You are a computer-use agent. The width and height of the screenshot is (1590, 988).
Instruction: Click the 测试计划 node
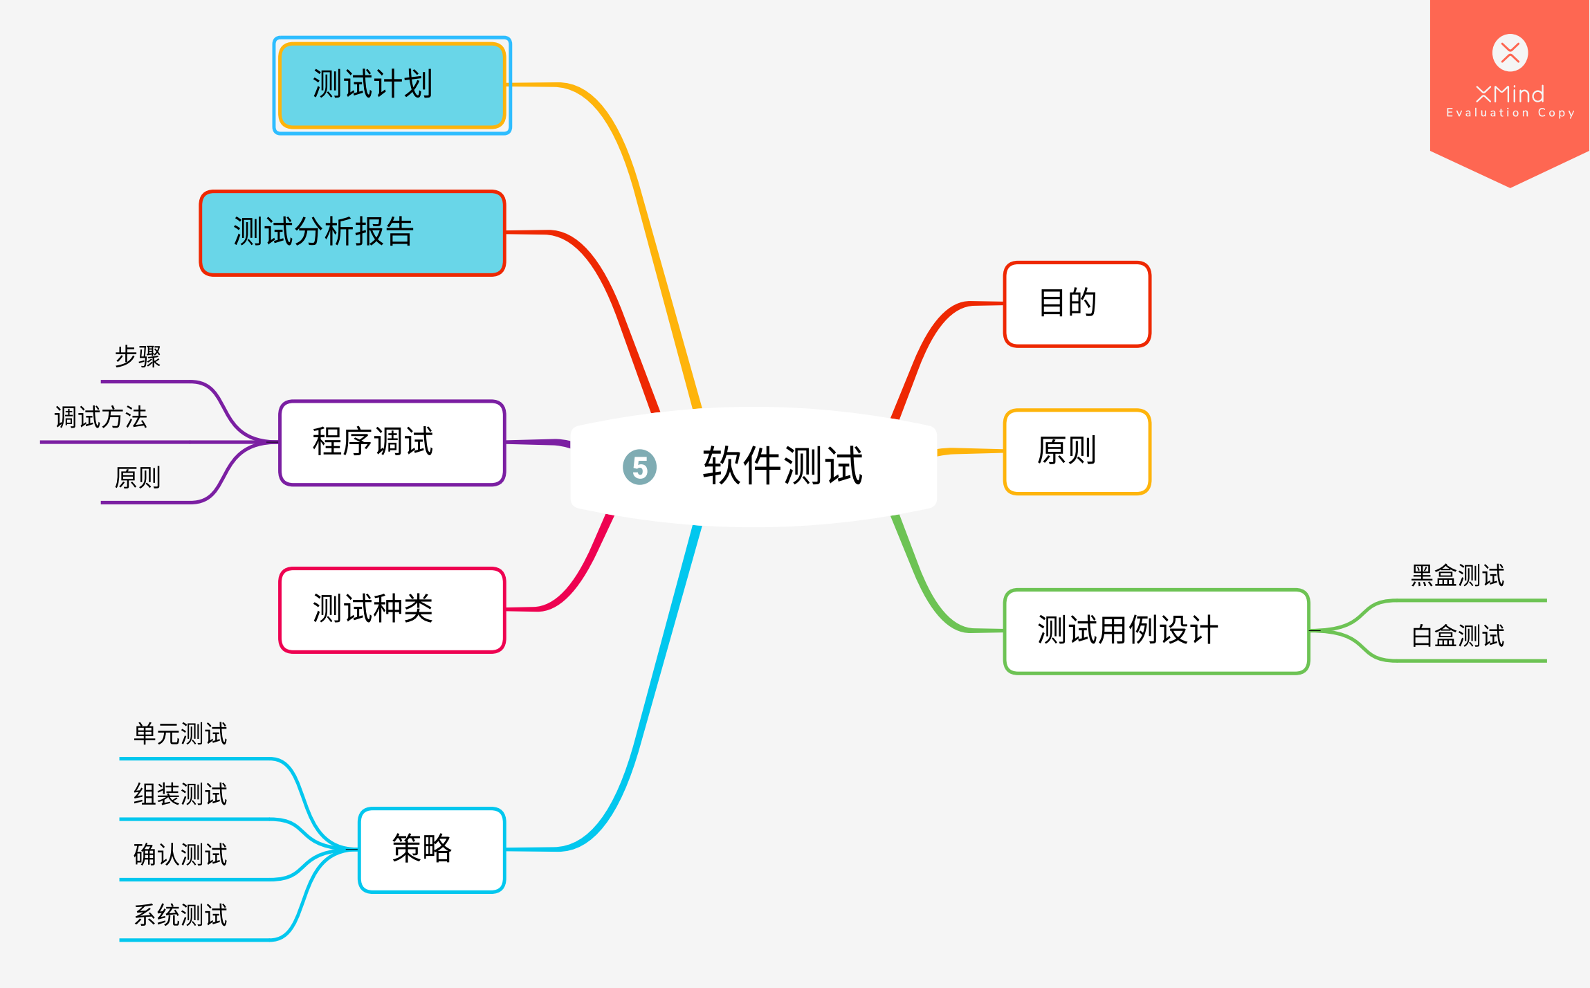(x=392, y=85)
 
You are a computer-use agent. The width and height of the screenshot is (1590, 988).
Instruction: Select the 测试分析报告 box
(x=352, y=233)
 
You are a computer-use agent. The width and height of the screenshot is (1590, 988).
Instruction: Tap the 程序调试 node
(x=392, y=443)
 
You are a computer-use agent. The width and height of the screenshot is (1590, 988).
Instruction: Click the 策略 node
(x=432, y=850)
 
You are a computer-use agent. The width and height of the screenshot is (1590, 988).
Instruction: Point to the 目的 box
(x=1077, y=304)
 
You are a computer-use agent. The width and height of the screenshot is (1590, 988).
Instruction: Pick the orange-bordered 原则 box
(x=1077, y=452)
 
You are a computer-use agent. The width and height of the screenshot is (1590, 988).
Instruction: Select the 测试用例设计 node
(x=1156, y=631)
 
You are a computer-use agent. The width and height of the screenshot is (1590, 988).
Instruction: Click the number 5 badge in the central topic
(x=640, y=468)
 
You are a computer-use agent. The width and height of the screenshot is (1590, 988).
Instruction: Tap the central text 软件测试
(x=783, y=466)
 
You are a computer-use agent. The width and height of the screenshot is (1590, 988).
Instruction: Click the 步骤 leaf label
(x=138, y=357)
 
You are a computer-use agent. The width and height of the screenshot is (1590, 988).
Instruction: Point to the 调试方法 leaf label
(x=101, y=418)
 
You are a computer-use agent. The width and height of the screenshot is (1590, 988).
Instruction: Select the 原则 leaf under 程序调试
(x=138, y=478)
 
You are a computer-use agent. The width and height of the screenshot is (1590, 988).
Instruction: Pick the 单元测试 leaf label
(x=181, y=734)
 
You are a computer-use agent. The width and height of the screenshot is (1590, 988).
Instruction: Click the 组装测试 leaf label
(x=181, y=794)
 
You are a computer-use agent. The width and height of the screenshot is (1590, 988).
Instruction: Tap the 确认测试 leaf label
(x=181, y=855)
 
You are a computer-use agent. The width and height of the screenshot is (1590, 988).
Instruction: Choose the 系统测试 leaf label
(x=181, y=915)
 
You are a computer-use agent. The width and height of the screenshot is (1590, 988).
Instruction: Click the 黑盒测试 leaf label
(x=1458, y=576)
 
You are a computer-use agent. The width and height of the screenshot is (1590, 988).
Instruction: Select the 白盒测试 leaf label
(x=1458, y=636)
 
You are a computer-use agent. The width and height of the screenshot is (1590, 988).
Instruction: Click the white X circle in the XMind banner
(x=1510, y=53)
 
